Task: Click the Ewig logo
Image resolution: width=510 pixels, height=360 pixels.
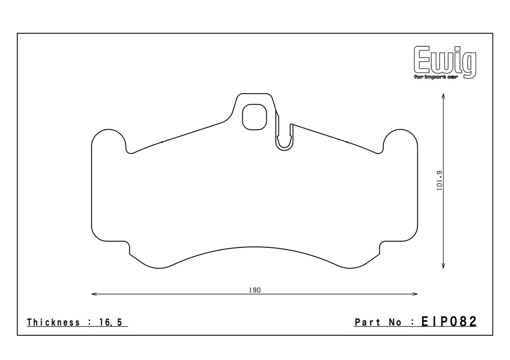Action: (445, 62)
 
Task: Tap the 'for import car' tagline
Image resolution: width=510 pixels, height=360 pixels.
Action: (436, 77)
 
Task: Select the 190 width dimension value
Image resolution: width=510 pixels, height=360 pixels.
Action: (255, 290)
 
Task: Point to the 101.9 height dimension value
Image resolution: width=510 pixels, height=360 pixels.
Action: (439, 181)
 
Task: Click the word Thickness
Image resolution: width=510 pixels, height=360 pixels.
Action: (54, 322)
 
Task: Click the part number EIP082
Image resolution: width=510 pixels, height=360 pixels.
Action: (449, 321)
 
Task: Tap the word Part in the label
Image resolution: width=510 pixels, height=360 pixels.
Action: (367, 322)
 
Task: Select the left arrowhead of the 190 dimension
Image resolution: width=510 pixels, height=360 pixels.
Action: (94, 294)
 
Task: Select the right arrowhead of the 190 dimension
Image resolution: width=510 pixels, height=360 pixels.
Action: (415, 294)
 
